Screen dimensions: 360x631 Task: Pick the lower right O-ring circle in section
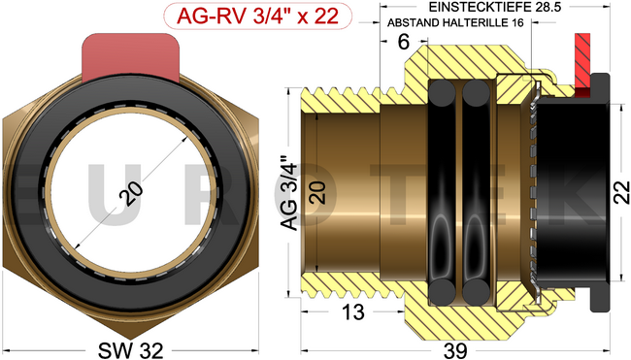pyautogui.click(x=475, y=292)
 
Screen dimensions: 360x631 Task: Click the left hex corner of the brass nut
pyautogui.click(x=8, y=194)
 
